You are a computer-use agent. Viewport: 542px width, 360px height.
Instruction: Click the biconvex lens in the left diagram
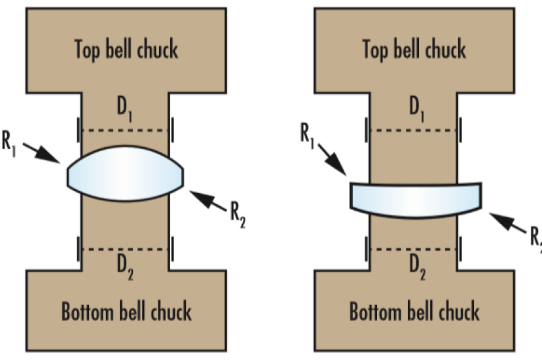(x=125, y=173)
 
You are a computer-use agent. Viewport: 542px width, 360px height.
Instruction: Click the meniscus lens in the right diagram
(x=416, y=200)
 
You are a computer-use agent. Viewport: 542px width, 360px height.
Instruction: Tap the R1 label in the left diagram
(x=9, y=143)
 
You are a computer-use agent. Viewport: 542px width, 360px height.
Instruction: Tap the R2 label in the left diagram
(x=238, y=215)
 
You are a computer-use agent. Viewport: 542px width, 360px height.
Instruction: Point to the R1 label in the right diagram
(x=307, y=135)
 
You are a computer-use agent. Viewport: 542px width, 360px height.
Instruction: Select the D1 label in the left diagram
(x=125, y=109)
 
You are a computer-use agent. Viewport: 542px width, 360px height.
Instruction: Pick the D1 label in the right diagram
(x=416, y=109)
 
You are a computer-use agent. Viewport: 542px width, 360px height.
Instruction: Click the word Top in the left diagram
(x=87, y=49)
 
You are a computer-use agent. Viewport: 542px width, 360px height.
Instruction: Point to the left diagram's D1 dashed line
(x=125, y=131)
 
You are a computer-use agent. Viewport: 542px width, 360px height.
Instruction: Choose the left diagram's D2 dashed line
(x=125, y=249)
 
